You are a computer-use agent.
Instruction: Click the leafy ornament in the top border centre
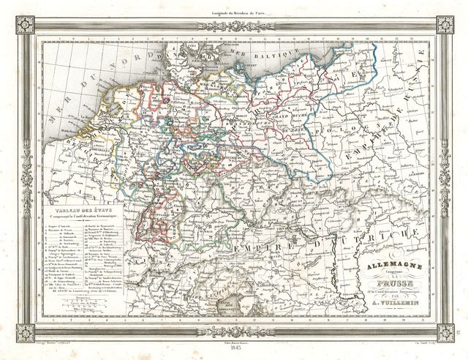click(233, 26)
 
